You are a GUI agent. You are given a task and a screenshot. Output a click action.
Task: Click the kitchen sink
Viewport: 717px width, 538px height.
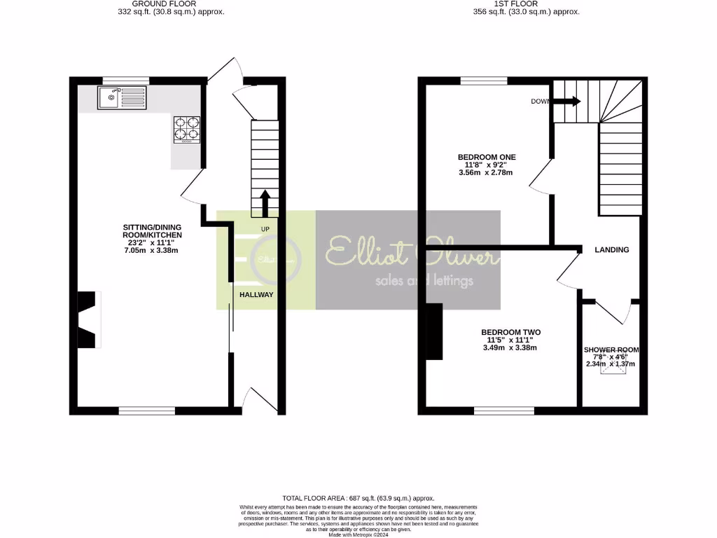(x=123, y=98)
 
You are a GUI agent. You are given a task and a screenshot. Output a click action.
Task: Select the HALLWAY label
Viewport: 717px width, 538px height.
(x=256, y=295)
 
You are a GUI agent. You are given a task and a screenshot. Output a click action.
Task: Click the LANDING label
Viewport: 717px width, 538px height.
(x=611, y=249)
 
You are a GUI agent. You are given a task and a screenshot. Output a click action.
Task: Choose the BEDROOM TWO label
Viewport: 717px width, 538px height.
(x=510, y=332)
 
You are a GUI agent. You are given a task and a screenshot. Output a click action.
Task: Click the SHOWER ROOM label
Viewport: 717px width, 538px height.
(x=611, y=349)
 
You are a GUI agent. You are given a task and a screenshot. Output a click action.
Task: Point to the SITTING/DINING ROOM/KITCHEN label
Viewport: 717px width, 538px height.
(x=152, y=231)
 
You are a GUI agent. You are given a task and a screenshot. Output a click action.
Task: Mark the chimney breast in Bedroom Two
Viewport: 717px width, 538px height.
(x=434, y=331)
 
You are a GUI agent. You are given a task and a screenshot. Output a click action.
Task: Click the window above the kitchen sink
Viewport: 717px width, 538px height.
(x=126, y=81)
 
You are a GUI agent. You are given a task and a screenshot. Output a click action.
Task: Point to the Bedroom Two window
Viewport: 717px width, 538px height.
(x=504, y=410)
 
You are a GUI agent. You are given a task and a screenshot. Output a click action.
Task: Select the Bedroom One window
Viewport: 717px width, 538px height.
(x=483, y=81)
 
